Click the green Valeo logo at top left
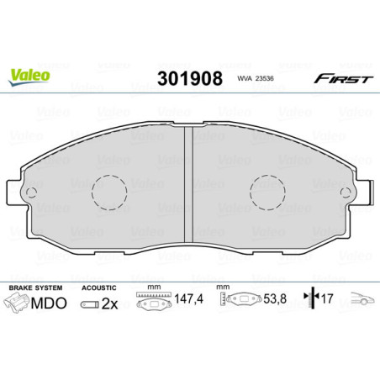(30, 75)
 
